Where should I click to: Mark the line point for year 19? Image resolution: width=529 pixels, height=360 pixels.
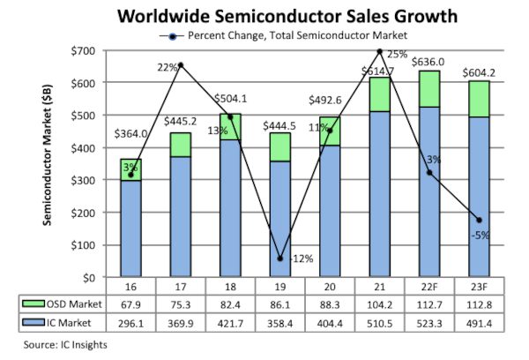pyautogui.click(x=279, y=259)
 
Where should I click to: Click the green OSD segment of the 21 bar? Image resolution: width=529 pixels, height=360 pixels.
pyautogui.click(x=378, y=94)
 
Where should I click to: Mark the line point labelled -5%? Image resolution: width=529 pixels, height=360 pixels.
pyautogui.click(x=478, y=220)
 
